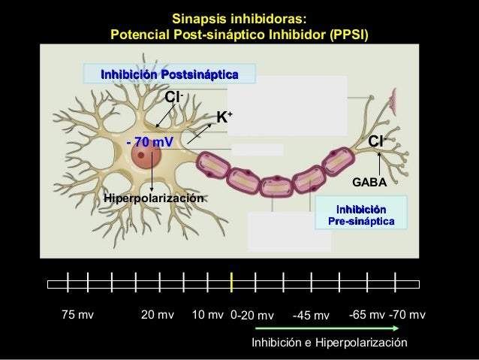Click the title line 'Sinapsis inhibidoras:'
coord(239,18)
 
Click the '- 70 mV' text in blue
coord(150,141)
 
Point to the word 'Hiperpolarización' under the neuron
coord(155,198)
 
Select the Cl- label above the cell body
coord(175,98)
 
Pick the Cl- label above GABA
coord(378,141)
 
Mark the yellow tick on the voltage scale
coord(233,283)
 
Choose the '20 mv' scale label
coord(158,315)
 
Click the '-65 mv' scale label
coord(367,314)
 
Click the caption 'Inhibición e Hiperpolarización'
coord(329,343)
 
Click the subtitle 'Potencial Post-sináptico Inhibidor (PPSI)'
coord(239,35)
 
